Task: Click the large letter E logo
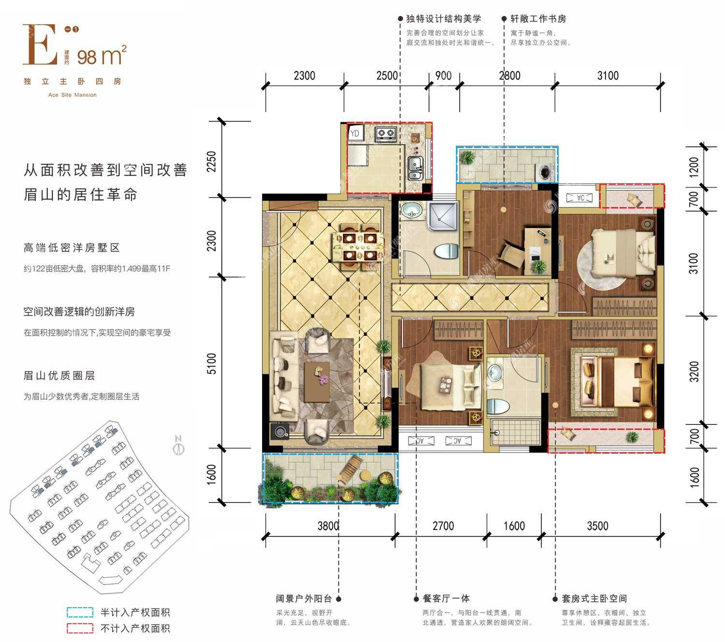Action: (40, 44)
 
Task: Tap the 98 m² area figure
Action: (101, 56)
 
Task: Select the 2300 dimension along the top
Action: (304, 76)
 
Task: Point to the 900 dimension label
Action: (443, 76)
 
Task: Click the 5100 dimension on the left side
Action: (212, 364)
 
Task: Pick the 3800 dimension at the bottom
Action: (328, 525)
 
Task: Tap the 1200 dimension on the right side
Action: (694, 167)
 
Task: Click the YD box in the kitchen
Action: (355, 133)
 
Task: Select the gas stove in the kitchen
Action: (386, 134)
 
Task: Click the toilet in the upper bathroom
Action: (446, 251)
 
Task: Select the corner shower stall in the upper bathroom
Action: (443, 217)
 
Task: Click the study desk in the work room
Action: (537, 250)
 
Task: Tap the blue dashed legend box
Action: (80, 613)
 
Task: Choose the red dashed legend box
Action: (80, 628)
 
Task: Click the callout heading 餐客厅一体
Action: (446, 598)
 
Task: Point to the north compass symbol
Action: (178, 445)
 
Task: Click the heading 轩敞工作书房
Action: (538, 18)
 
